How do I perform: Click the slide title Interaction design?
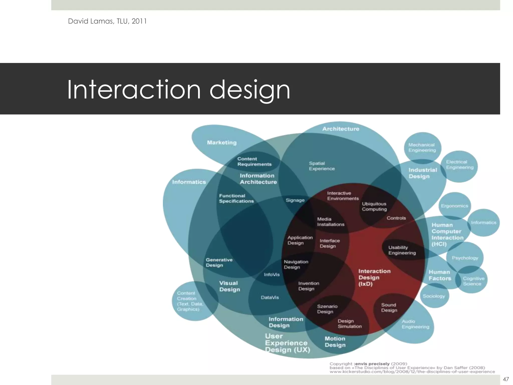[x=178, y=89]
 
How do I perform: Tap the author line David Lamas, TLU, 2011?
[x=107, y=21]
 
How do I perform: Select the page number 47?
[x=505, y=379]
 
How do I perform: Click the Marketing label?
[x=222, y=143]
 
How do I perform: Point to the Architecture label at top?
[x=341, y=129]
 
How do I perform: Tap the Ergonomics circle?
[x=454, y=206]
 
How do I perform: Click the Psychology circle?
[x=465, y=258]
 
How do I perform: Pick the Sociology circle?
[x=434, y=296]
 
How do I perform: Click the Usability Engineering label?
[x=402, y=250]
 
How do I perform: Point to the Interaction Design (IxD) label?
[x=374, y=277]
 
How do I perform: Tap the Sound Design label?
[x=389, y=308]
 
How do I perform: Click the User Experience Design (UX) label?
[x=287, y=343]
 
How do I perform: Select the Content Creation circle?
[x=190, y=301]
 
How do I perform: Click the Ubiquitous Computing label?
[x=374, y=207]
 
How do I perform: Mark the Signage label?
[x=295, y=200]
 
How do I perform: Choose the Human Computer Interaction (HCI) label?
[x=447, y=234]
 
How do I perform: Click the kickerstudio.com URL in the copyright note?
[x=412, y=372]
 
